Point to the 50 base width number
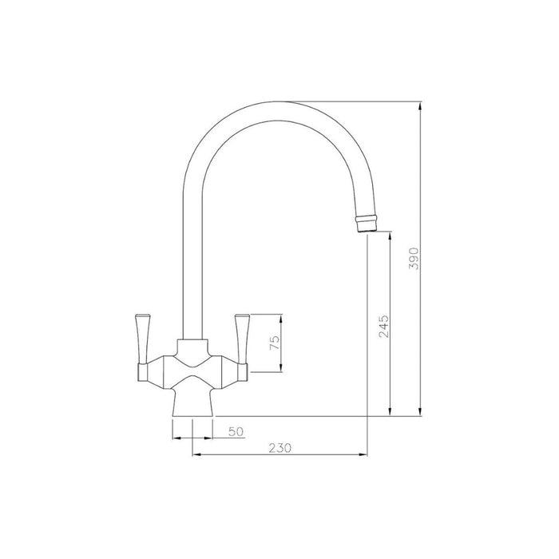tap(236, 431)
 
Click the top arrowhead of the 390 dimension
tap(420, 105)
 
